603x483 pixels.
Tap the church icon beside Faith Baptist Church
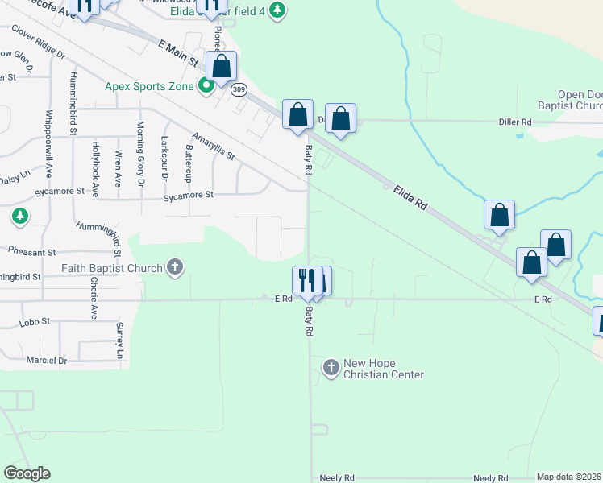click(174, 267)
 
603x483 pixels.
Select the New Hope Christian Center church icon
click(331, 368)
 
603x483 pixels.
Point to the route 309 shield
click(239, 89)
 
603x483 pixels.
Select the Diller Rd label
click(515, 122)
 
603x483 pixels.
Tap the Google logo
click(27, 473)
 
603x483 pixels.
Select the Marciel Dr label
click(47, 360)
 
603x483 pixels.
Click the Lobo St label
click(35, 321)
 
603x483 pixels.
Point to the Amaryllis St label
click(214, 145)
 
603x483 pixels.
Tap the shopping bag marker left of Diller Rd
click(298, 115)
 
